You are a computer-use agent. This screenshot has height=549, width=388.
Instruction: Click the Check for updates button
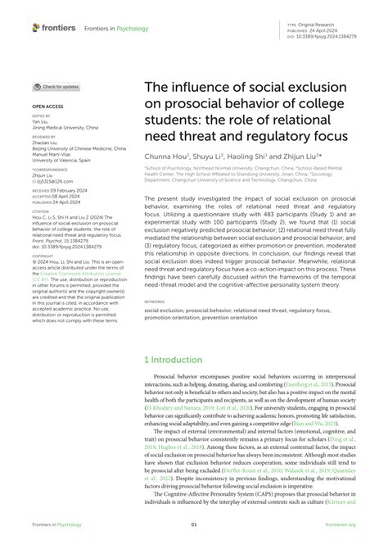[x=56, y=86]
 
